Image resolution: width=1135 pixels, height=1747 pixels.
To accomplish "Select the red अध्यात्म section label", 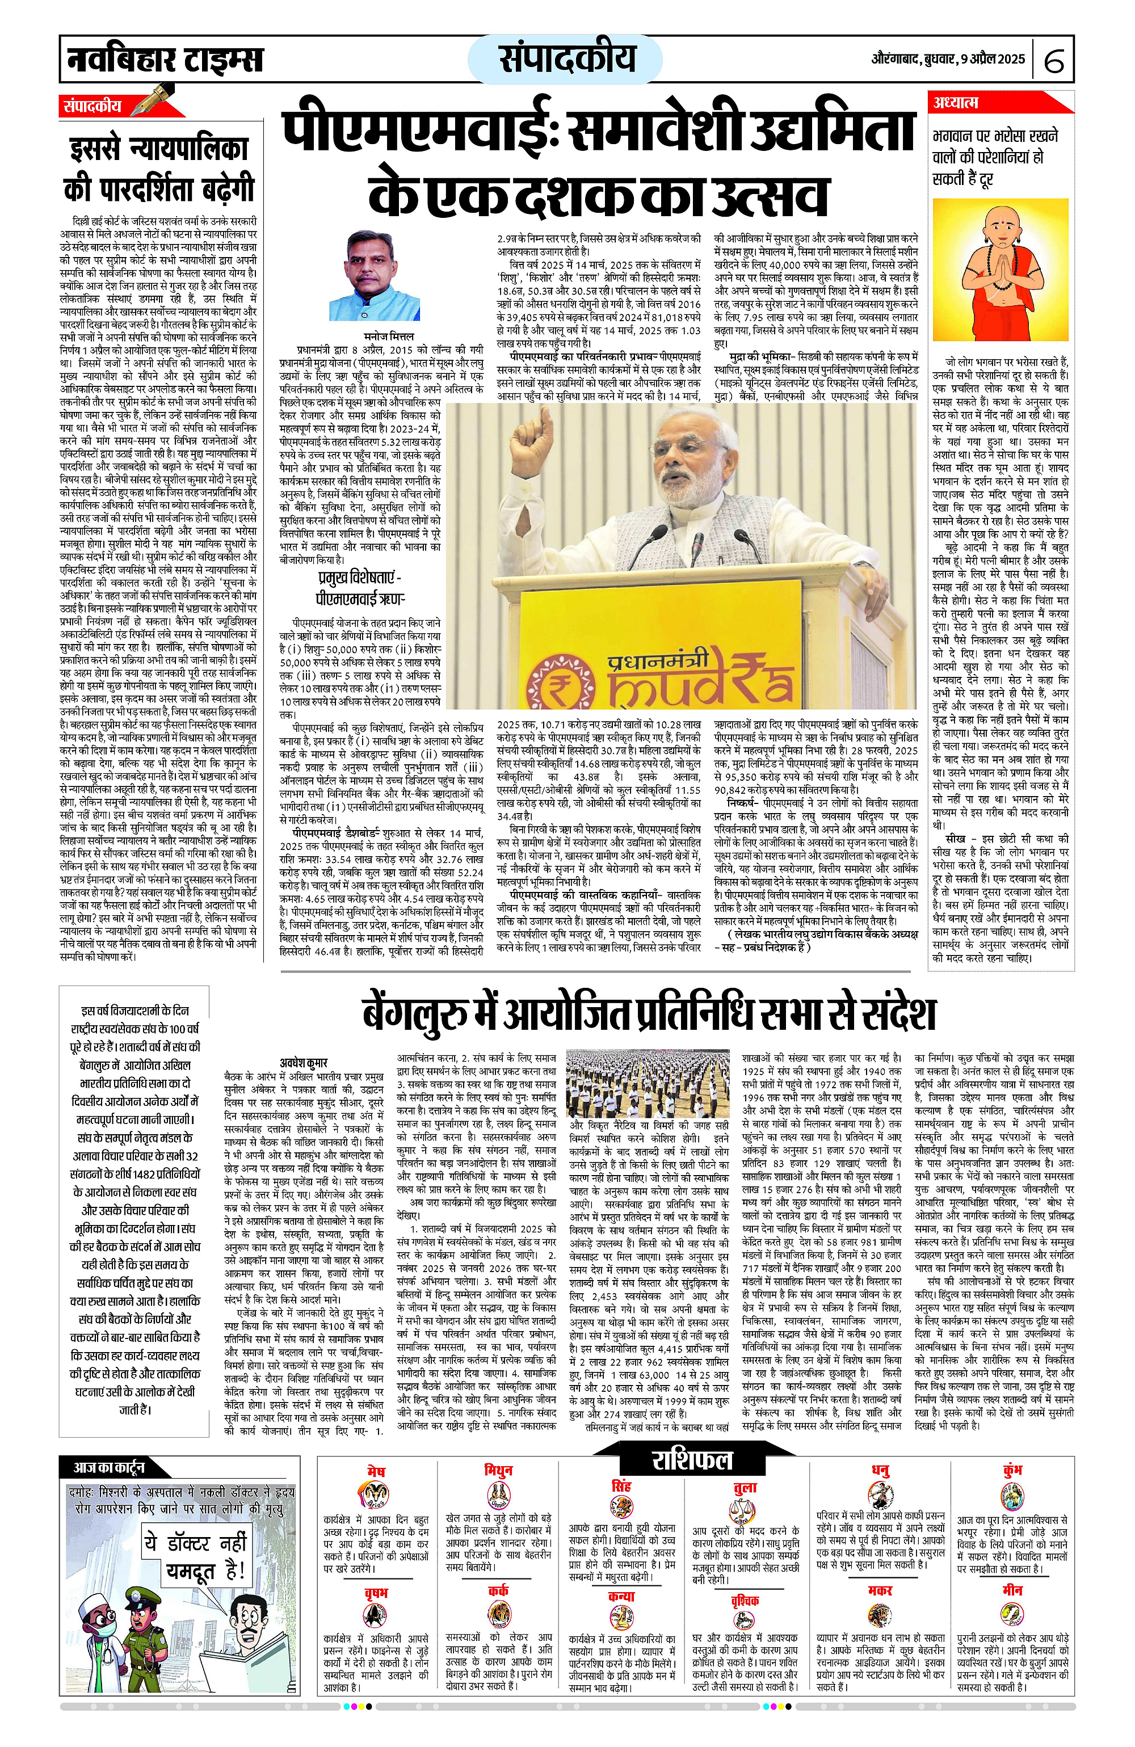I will point(956,103).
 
